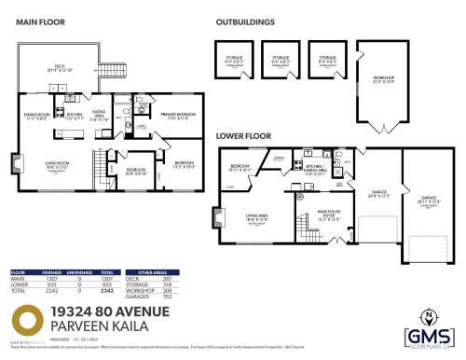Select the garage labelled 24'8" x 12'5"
(378, 194)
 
